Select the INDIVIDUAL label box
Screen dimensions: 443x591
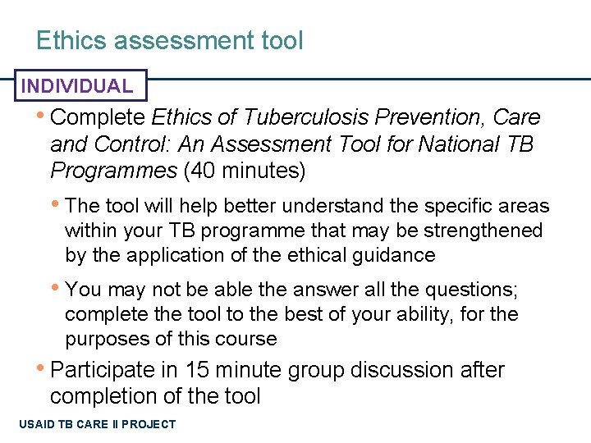coord(76,85)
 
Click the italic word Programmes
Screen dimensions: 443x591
coord(113,171)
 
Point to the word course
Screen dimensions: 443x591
coord(248,339)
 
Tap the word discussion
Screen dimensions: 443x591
coord(405,370)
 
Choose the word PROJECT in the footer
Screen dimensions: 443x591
coord(149,424)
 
